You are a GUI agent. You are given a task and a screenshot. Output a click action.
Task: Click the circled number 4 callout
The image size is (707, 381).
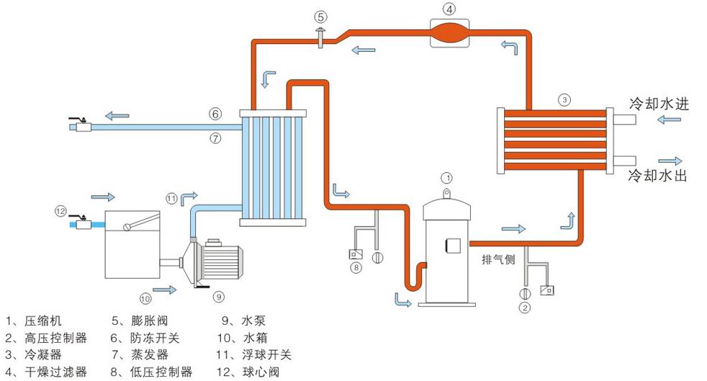click(x=449, y=10)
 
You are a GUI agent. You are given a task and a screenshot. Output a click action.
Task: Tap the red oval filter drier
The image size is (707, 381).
click(x=449, y=32)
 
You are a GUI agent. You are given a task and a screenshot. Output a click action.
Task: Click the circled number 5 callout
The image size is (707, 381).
click(x=320, y=16)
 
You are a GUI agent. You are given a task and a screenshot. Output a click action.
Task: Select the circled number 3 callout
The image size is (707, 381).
click(x=565, y=99)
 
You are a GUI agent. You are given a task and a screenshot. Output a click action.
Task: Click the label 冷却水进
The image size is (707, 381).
click(x=659, y=104)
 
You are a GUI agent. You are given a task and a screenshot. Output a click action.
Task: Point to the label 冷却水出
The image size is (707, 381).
click(x=659, y=175)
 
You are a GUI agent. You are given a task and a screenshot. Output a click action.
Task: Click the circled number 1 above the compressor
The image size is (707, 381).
click(x=446, y=177)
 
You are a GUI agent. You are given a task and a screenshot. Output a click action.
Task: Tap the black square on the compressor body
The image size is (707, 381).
click(x=454, y=245)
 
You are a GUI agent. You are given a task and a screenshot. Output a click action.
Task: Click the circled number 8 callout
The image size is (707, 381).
click(x=355, y=269)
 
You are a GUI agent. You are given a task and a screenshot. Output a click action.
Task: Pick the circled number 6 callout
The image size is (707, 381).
click(x=215, y=114)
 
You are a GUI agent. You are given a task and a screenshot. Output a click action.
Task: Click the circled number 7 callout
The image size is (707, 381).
click(x=215, y=138)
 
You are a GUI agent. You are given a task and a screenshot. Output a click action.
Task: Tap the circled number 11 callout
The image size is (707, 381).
click(x=171, y=198)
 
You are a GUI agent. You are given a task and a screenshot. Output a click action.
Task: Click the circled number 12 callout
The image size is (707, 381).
click(x=60, y=210)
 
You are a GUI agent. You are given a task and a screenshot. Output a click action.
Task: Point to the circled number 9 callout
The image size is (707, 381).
click(x=219, y=295)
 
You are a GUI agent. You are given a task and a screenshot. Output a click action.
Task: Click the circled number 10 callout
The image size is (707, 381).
click(x=145, y=296)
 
